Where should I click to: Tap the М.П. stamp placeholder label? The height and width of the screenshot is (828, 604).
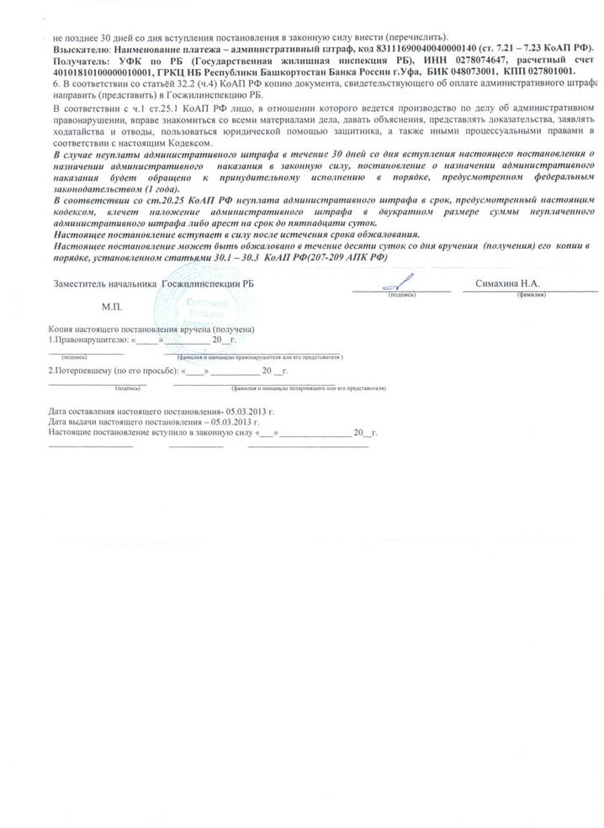pyautogui.click(x=113, y=309)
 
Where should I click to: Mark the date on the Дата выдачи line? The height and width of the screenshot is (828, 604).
pyautogui.click(x=231, y=420)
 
